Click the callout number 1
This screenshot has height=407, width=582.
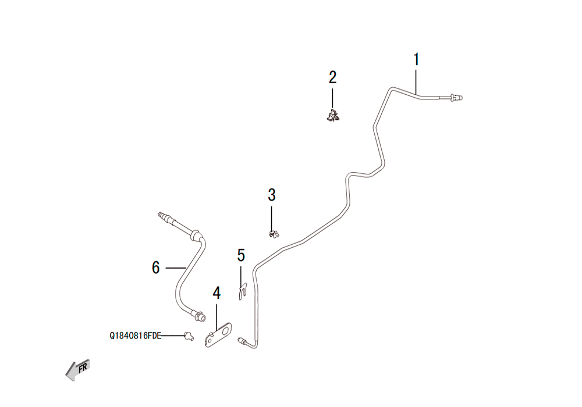click(x=417, y=60)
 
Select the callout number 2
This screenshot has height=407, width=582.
click(x=332, y=77)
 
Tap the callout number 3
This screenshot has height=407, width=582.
click(x=272, y=195)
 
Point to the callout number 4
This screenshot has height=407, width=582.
click(x=217, y=293)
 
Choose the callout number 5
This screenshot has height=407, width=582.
click(x=242, y=255)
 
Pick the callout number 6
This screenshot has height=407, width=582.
click(x=156, y=267)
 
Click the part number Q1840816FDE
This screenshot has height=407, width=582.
click(x=136, y=336)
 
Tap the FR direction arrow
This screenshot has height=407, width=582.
click(x=78, y=370)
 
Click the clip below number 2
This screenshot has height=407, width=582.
click(x=333, y=116)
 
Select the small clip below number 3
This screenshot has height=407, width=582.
click(x=274, y=234)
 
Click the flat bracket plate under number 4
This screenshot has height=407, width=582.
click(x=219, y=335)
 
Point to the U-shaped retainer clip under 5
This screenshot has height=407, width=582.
click(x=243, y=291)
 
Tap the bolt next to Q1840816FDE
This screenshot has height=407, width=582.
click(x=189, y=336)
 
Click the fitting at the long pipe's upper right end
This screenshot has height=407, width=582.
click(x=456, y=98)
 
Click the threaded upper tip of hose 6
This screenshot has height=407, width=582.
click(x=162, y=215)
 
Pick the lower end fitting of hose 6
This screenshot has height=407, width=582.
click(x=200, y=316)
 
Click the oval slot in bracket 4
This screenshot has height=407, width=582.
click(x=224, y=331)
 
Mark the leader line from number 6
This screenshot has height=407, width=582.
click(x=176, y=267)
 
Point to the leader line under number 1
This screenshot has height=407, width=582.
click(x=417, y=81)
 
